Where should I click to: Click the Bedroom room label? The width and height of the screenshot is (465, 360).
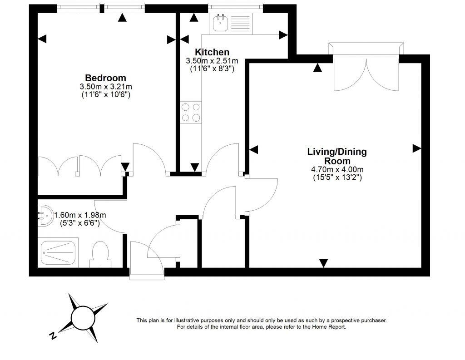pos(105,78)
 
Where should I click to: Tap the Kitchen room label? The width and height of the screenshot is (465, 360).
pos(212,52)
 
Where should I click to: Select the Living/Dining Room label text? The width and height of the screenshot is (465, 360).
pos(337,156)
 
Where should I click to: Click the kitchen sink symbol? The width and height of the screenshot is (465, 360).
pos(222,22)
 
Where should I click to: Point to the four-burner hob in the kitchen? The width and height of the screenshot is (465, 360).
pos(191,113)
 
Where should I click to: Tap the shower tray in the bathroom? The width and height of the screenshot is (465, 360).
pos(60,253)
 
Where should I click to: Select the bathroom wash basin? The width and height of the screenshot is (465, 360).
pos(43,216)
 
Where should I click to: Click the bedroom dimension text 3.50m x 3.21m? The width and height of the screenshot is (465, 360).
pos(105,87)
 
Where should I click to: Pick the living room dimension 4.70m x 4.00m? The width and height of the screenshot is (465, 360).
pos(337,170)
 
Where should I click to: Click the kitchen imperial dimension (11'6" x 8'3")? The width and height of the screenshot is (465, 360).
pos(212,69)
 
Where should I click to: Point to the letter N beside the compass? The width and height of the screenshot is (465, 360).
pos(53,336)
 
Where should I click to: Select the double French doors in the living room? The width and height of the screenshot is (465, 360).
pos(366,73)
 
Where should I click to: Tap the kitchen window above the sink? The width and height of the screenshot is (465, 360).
pos(235,7)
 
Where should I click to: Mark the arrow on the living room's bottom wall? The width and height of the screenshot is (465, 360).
pos(323,263)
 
